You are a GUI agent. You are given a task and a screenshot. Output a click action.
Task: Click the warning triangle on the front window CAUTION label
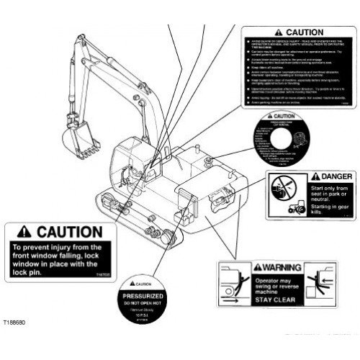click(19, 233)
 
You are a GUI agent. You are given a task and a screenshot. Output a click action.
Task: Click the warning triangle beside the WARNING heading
click(250, 268)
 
